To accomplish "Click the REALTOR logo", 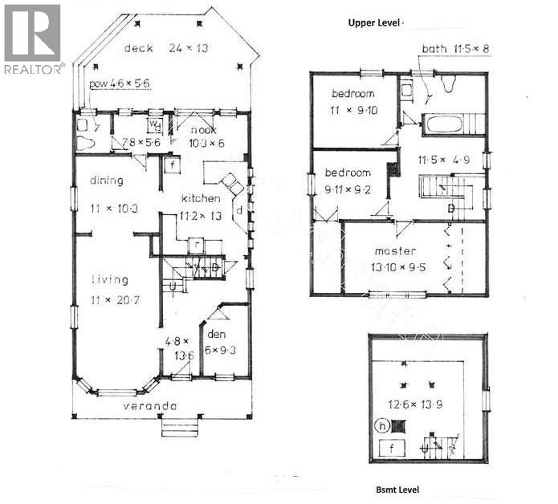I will point(32,38).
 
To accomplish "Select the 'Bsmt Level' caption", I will point(397,489).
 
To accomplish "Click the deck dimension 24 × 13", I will point(189,49).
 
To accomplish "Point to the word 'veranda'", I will point(149,406).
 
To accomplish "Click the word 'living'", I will point(109,280).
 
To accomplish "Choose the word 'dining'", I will point(106,181).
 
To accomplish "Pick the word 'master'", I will point(394,251).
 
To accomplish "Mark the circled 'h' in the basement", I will point(385,425).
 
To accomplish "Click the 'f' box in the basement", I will point(393,448).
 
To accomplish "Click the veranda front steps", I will point(178,428).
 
